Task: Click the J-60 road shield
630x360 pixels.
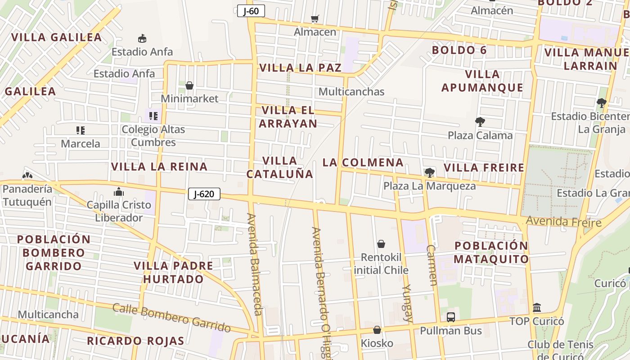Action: pos(251,11)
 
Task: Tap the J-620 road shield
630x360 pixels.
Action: pos(204,194)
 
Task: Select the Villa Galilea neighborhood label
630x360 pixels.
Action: pos(57,37)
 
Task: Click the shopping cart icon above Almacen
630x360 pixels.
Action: pos(315,19)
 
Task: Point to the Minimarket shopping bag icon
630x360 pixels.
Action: pos(189,85)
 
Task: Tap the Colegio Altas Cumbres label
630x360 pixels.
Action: pos(153,136)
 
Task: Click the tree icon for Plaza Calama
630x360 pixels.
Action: pos(480,121)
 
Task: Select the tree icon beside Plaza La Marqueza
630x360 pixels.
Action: pos(429,172)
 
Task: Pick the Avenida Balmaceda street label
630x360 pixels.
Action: pos(254,265)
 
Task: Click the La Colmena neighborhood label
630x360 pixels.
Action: pos(363,162)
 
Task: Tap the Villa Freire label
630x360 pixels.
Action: pos(484,168)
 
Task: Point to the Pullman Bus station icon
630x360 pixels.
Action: pos(451,317)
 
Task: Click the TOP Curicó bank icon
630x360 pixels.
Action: pos(537,308)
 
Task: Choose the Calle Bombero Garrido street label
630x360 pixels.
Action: pos(171,318)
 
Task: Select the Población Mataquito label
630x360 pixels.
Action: pos(491,252)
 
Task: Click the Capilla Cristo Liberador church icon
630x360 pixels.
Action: pos(119,192)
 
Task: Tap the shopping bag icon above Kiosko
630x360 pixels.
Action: pos(377,330)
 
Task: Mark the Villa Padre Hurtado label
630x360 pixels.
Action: pos(174,272)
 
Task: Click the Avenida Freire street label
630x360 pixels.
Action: pos(563,222)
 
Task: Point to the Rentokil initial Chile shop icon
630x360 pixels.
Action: pos(381,244)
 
